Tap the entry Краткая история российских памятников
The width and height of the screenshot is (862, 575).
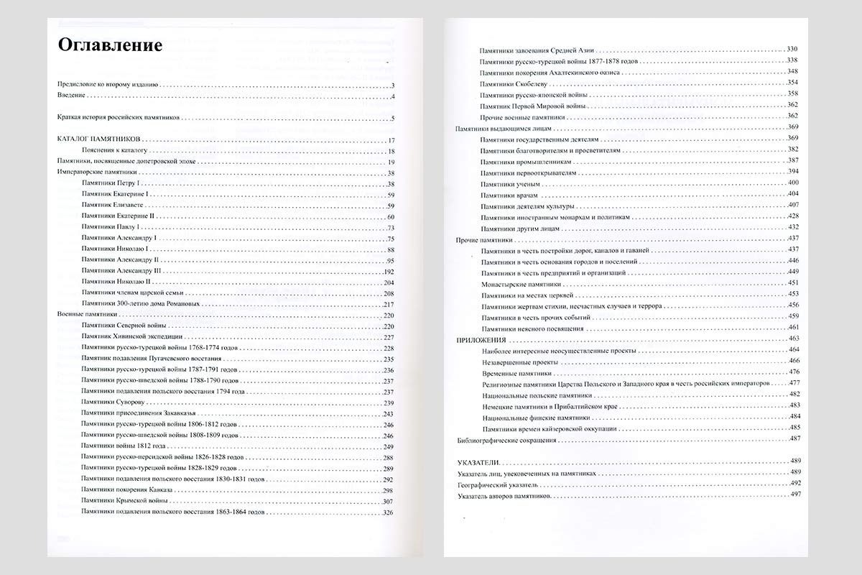pos(118,117)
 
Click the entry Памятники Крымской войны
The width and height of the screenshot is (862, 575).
pos(125,501)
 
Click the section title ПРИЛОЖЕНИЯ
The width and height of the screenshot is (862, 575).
pos(482,339)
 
